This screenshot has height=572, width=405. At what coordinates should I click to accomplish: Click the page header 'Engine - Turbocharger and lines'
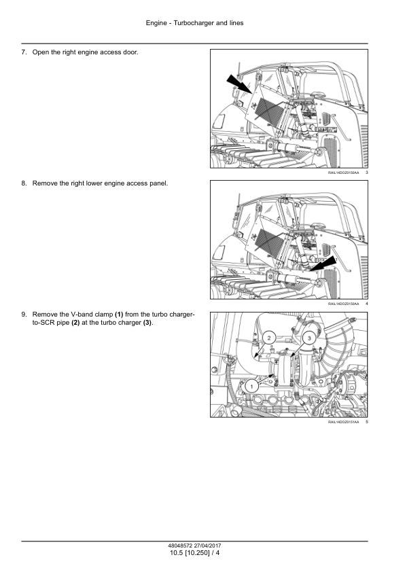194,23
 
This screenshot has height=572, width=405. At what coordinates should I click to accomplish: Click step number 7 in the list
24,52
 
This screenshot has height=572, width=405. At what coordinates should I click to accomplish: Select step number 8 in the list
24,183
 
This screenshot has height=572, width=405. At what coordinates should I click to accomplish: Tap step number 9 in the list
24,315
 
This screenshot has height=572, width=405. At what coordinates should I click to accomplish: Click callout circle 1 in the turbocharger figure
251,386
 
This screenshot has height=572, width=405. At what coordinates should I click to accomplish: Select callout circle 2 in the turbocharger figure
269,338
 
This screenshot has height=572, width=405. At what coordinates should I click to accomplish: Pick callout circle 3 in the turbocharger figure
309,338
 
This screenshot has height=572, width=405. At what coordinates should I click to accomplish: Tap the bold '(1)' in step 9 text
119,315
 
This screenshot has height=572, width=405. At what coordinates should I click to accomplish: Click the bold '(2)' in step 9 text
75,323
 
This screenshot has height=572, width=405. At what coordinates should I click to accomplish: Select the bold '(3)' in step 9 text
147,323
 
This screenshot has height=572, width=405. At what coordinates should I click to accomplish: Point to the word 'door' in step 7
130,52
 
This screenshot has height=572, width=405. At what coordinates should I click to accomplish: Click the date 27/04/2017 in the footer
207,546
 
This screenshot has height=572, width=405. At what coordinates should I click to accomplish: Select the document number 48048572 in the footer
180,546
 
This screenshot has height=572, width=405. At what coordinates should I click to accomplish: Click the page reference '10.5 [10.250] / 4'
195,553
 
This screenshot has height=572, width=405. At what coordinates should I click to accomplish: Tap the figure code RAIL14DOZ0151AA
343,422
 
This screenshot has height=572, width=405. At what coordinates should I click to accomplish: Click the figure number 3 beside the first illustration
367,173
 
